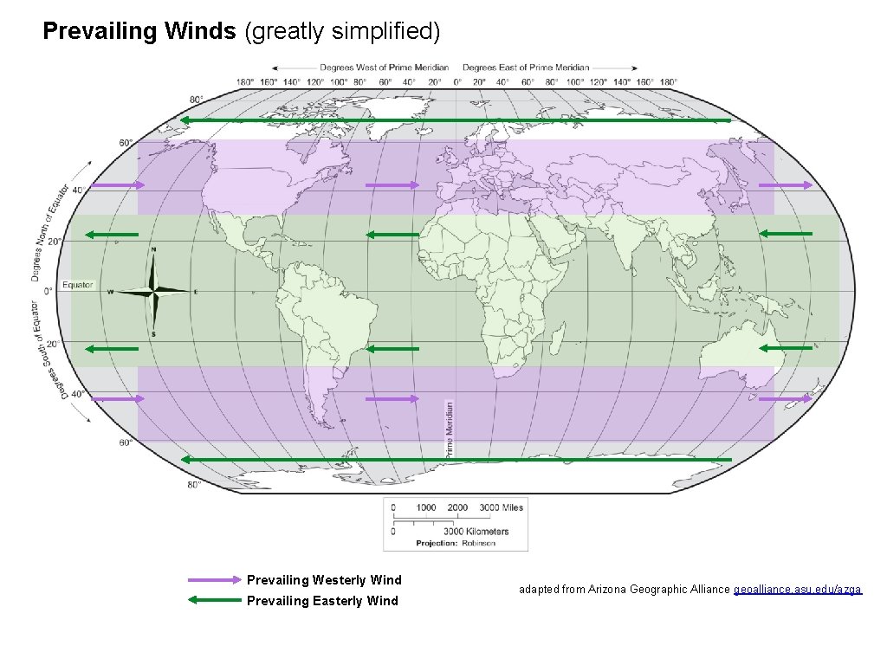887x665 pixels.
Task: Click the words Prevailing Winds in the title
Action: point(139,32)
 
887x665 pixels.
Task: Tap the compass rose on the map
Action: point(154,291)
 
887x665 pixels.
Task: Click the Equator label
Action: point(77,285)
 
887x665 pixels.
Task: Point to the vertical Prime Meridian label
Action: point(449,429)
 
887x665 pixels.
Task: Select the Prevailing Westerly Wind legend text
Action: point(324,580)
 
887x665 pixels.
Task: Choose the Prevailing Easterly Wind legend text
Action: point(322,601)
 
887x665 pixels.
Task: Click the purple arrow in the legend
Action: point(214,580)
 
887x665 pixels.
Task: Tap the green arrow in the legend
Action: point(214,600)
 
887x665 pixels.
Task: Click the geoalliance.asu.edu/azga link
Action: point(798,590)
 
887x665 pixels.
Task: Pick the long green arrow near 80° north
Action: point(456,120)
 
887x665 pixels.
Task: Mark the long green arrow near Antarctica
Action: point(456,459)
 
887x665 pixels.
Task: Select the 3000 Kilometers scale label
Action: point(476,531)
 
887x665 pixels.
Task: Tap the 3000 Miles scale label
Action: point(502,507)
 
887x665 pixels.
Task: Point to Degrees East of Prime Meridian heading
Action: point(526,68)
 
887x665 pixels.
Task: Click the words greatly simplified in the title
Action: point(343,32)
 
